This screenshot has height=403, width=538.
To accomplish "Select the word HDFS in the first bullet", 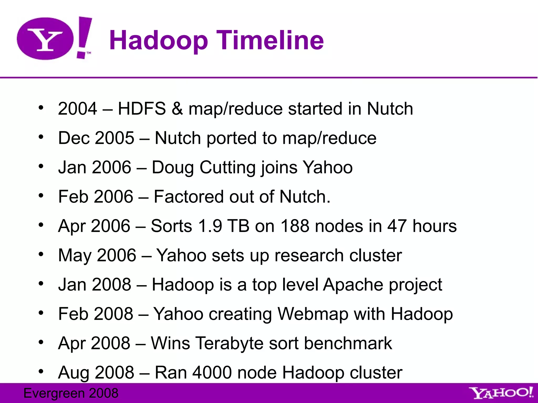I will (142, 109).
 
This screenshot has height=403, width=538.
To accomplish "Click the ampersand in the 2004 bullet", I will (177, 109).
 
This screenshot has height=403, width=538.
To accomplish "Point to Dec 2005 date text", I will (96, 138).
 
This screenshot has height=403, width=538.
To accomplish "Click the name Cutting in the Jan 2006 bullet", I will (227, 167).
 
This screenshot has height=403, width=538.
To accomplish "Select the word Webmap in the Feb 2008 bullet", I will (313, 314).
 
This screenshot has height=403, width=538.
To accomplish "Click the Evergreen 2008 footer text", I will (71, 393).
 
